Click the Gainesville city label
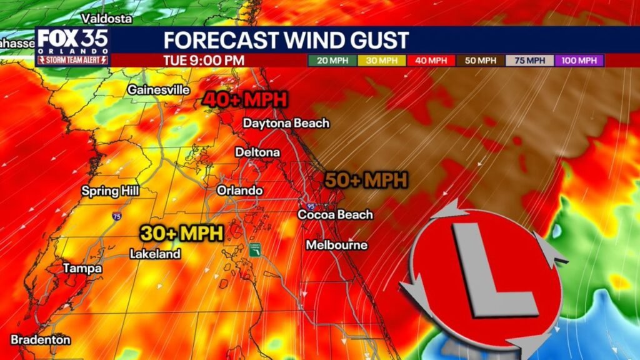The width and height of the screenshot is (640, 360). [158, 90]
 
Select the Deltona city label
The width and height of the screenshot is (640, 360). [257, 152]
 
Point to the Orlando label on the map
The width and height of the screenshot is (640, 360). [239, 190]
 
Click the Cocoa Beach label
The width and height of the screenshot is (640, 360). [335, 214]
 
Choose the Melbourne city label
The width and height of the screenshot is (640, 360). [336, 245]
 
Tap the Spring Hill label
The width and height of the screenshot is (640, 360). [111, 191]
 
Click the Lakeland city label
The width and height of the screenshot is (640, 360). [155, 254]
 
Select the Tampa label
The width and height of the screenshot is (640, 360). [82, 268]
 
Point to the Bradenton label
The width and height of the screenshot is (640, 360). [41, 340]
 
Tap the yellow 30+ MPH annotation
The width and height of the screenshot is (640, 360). [181, 233]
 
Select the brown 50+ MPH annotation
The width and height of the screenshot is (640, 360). [366, 180]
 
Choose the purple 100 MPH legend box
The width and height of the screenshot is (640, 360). [579, 61]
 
